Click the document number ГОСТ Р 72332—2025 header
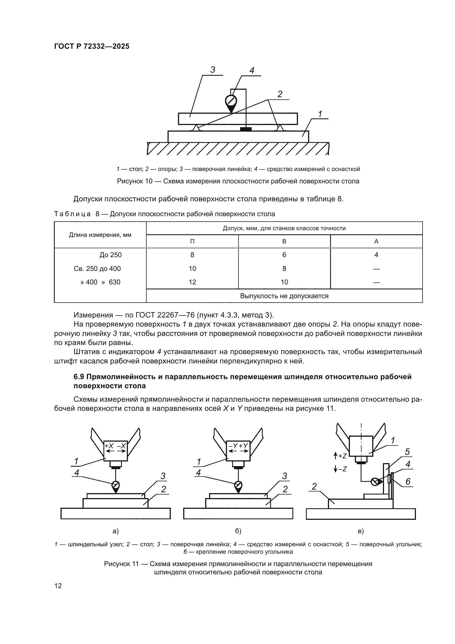(x=92, y=46)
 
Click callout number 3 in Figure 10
(x=213, y=70)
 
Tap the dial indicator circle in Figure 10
(x=231, y=101)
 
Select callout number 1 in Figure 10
(x=320, y=114)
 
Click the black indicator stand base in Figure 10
(x=246, y=129)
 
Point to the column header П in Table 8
(x=192, y=241)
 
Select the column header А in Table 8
(x=376, y=241)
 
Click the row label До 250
(x=110, y=255)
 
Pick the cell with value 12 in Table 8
(x=192, y=282)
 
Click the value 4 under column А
(x=376, y=255)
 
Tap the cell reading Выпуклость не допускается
(x=284, y=296)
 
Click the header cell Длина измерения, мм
(x=100, y=235)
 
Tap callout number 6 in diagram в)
(x=408, y=482)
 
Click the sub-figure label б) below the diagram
(x=238, y=531)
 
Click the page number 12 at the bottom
(x=58, y=586)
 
